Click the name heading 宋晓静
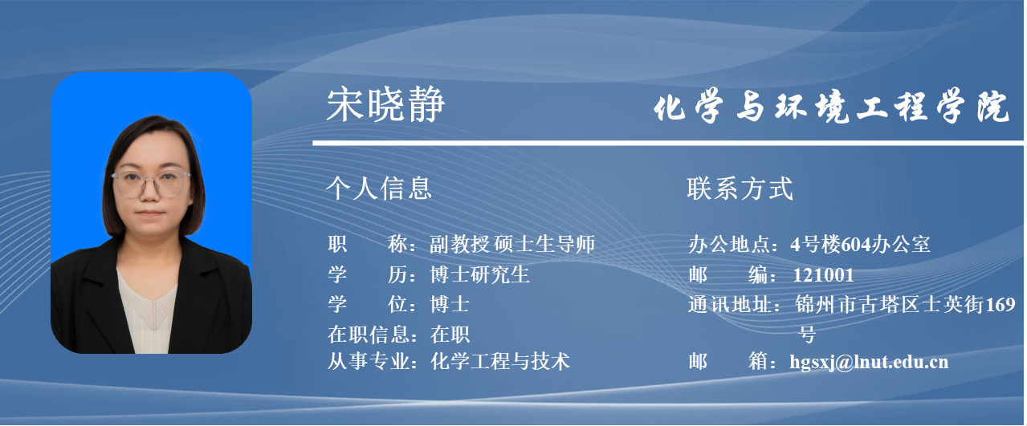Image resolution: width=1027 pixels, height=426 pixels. pos(385,105)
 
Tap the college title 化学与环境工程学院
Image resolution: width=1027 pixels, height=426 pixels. pos(832,106)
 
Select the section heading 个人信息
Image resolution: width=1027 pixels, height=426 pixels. pos(379,189)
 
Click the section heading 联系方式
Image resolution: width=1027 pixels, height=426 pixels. pos(740,189)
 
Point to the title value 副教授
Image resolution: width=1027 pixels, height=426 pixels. pos(459,244)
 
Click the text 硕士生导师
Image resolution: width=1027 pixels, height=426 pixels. pos(544,244)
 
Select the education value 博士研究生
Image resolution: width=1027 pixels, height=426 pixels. pos(479,275)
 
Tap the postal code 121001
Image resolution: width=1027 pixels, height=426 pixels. pos(823,275)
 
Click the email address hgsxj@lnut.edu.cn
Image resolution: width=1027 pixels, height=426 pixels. pos(869,362)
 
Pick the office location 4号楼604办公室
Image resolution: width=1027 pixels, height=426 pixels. pos(860,244)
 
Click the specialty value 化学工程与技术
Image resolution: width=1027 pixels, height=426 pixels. pos(499,361)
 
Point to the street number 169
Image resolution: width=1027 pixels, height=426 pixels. pos(1000,305)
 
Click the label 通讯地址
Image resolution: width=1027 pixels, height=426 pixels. pos(729,305)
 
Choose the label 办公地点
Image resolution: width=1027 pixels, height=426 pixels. pos(729,244)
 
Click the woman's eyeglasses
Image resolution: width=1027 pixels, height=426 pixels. pos(150,183)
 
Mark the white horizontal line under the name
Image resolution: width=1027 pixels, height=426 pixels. pos(668,144)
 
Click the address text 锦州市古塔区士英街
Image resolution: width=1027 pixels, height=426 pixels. pos(890,305)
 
